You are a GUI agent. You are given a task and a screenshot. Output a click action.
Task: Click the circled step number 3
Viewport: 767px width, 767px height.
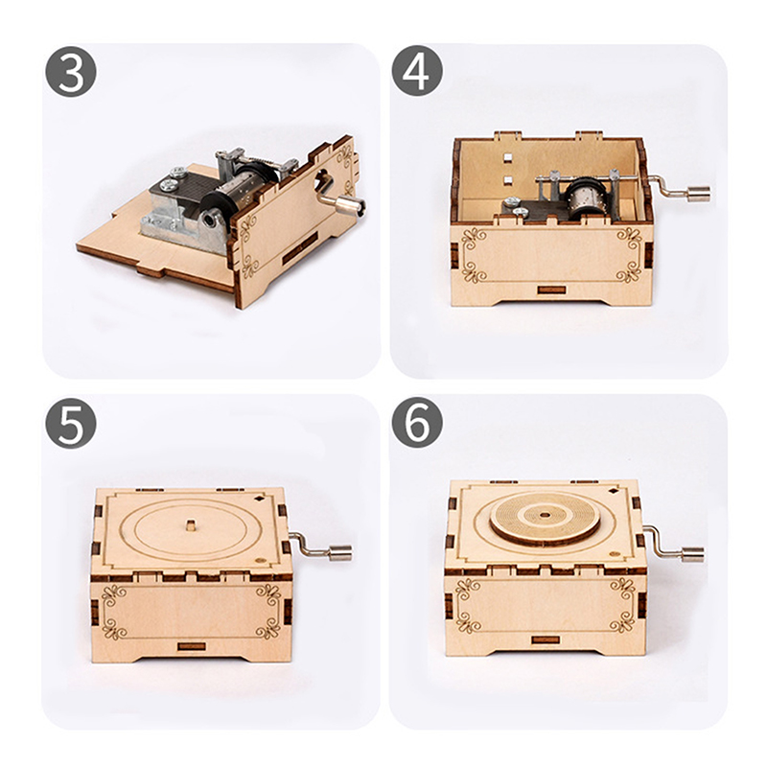point(71,72)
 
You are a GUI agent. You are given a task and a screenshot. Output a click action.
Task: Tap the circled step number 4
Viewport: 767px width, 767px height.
point(417,70)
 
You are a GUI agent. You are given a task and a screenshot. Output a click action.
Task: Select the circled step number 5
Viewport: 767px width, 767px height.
point(71,423)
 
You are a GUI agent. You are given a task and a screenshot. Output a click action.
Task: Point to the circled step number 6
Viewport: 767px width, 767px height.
point(417,423)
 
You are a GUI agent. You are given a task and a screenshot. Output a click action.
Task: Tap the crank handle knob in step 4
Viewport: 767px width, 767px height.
point(699,195)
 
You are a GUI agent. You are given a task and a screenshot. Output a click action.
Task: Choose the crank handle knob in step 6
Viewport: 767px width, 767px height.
point(692,555)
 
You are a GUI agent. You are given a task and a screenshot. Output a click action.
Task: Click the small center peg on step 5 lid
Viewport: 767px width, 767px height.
point(190,526)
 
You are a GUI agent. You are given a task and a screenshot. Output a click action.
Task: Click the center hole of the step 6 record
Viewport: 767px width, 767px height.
point(544,514)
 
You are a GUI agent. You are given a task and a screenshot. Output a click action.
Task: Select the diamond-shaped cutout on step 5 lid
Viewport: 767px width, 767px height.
point(258,499)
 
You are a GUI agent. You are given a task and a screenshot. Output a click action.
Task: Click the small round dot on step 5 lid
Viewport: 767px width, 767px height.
point(260,560)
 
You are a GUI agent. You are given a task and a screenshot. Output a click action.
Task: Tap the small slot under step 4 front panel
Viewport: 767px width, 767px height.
point(552,291)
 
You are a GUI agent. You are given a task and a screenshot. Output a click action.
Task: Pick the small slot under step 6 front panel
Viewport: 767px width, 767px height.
point(545,639)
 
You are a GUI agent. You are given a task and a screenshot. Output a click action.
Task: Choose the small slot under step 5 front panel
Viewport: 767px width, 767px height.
point(193,646)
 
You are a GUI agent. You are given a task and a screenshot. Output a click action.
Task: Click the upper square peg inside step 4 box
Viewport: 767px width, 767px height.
point(507,157)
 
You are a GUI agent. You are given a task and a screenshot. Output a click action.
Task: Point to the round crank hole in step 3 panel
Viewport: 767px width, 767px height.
point(322,180)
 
